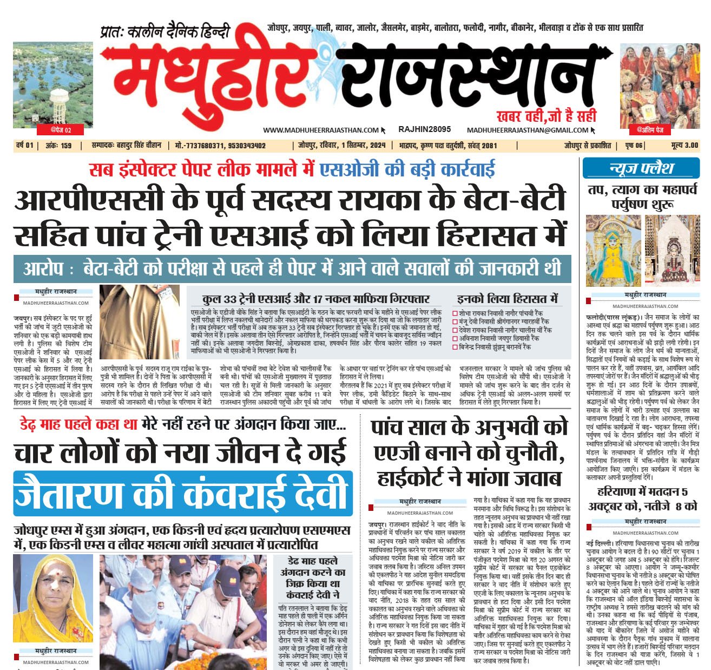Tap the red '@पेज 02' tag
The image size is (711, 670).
61,129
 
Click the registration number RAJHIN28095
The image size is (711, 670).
424,129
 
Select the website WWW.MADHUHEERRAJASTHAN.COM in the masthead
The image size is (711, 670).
321,130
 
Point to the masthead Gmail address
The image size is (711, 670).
528,130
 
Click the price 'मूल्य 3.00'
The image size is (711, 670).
684,146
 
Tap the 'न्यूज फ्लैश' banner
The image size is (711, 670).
641,168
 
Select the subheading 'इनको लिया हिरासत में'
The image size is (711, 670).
507,298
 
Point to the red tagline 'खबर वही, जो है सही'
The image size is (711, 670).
546,115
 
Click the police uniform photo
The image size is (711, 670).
139,323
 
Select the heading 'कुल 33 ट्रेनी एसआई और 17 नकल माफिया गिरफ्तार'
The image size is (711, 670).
316,299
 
